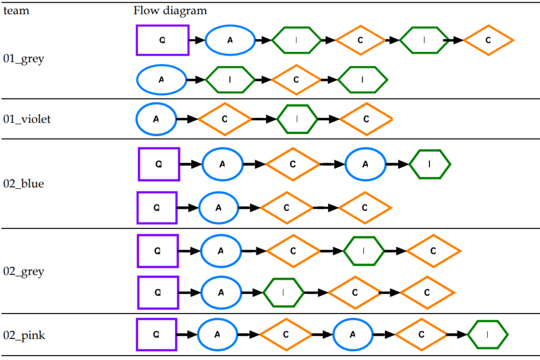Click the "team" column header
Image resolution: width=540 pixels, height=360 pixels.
point(16,11)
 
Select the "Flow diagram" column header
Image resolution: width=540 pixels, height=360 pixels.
point(170,11)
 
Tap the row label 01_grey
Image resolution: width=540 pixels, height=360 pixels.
point(24,58)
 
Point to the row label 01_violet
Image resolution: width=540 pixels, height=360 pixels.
point(27,119)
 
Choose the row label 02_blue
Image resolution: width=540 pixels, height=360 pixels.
point(24,184)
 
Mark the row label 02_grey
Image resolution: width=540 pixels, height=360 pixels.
point(24,271)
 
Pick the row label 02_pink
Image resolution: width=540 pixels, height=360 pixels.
point(24,335)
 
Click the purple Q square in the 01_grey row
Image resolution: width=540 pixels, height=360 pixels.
point(163,40)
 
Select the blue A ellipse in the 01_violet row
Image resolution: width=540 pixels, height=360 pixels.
point(156,119)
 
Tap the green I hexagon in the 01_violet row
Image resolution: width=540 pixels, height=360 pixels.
point(297,119)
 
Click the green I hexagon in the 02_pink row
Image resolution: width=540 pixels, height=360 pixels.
point(488,335)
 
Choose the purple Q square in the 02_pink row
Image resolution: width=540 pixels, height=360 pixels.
point(157,335)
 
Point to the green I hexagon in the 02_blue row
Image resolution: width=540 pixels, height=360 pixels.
point(429,164)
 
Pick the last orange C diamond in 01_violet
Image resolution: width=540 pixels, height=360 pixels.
point(366,119)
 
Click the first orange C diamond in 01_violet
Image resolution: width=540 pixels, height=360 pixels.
point(225,119)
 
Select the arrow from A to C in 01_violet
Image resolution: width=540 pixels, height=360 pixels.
point(187,119)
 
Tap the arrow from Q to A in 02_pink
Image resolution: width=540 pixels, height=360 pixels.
point(187,335)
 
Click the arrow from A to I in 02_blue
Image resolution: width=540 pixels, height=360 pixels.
point(397,164)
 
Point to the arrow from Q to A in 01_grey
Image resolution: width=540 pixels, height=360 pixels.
point(197,40)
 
